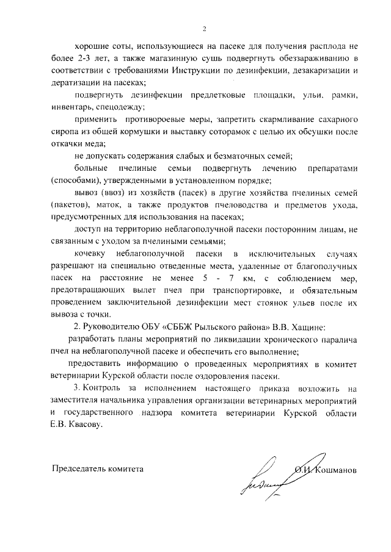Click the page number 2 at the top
point(205,28)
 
